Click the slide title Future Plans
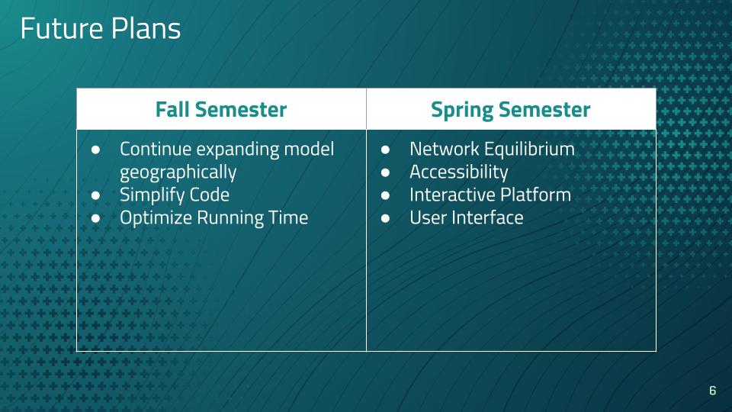[101, 28]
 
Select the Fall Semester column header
[221, 109]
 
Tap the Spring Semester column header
[511, 110]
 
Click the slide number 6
[712, 390]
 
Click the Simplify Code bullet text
[175, 195]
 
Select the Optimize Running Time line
[213, 218]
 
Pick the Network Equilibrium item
[492, 149]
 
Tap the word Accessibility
[459, 172]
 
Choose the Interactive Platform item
[490, 195]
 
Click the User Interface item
[467, 217]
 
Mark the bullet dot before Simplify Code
[96, 195]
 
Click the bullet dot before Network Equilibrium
[385, 150]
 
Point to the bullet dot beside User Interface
[385, 218]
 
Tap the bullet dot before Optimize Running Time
[96, 218]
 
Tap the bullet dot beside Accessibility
[385, 172]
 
